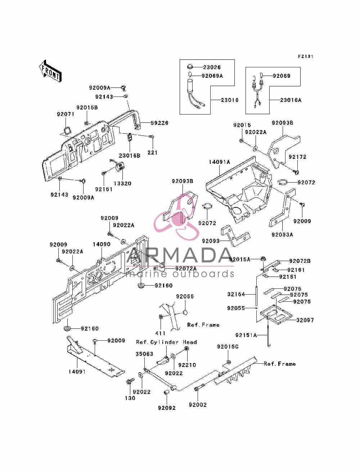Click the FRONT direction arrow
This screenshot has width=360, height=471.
tap(50, 71)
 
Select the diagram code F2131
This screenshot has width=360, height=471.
tap(306, 57)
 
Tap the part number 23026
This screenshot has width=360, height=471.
tap(212, 67)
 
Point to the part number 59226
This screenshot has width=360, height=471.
tap(159, 123)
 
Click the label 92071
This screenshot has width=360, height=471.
tap(66, 114)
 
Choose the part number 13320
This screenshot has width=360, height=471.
tap(122, 183)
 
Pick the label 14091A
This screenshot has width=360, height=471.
tap(220, 162)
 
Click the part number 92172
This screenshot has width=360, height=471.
tap(297, 157)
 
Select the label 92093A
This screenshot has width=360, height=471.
tap(282, 234)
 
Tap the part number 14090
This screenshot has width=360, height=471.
tap(102, 244)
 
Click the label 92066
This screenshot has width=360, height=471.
tap(185, 296)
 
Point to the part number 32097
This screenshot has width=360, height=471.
tap(305, 320)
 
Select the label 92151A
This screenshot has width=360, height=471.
tap(246, 335)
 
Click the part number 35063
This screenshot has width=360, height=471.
tap(144, 354)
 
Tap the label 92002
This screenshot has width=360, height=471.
tap(198, 405)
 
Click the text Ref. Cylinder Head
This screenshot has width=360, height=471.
tap(166, 342)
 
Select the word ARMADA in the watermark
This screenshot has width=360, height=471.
tap(180, 255)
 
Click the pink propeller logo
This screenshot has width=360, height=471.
tap(176, 217)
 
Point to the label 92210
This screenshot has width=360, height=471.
tap(187, 365)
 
